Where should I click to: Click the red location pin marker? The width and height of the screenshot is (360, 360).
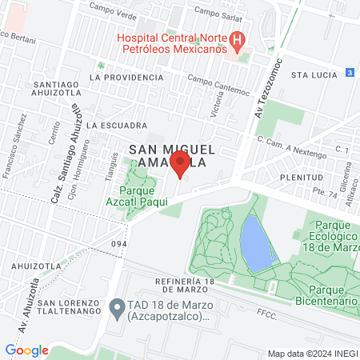tap(180, 166)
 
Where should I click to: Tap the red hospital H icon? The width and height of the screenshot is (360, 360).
tap(237, 38)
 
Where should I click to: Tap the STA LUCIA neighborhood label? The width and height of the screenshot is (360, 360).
tap(310, 74)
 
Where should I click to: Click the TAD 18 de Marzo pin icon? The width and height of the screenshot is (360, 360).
tap(117, 306)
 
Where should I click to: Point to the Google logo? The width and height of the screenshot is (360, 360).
tap(26, 350)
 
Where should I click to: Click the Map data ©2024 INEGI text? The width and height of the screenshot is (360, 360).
tap(311, 354)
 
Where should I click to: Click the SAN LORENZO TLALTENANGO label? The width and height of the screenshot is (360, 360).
tap(54, 309)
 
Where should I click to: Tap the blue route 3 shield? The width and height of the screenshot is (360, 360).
tap(350, 73)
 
